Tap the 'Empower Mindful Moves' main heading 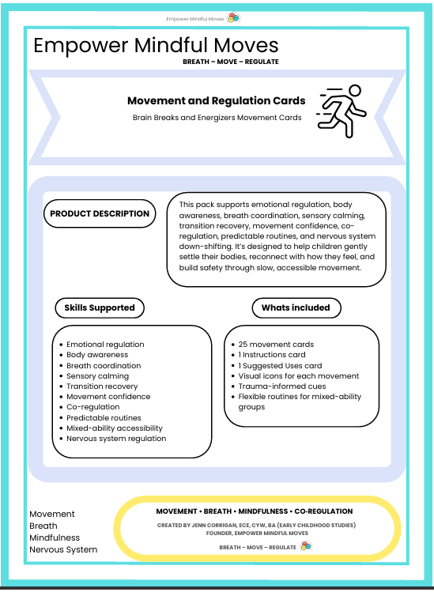coord(156,45)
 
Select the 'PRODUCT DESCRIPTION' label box coord(100,213)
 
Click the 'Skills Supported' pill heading coord(100,307)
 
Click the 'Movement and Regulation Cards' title coord(216,101)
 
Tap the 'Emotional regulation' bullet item coord(105,345)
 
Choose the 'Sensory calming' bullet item coord(97,376)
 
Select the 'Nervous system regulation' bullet coord(116,439)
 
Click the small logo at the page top coord(233,17)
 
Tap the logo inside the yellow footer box coord(306,546)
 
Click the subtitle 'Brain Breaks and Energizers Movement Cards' coord(217,118)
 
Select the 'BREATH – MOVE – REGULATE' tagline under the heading coord(230,62)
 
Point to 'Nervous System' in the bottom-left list coord(63,549)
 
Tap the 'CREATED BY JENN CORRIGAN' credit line coord(255,525)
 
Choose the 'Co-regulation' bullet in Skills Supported coord(93,407)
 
